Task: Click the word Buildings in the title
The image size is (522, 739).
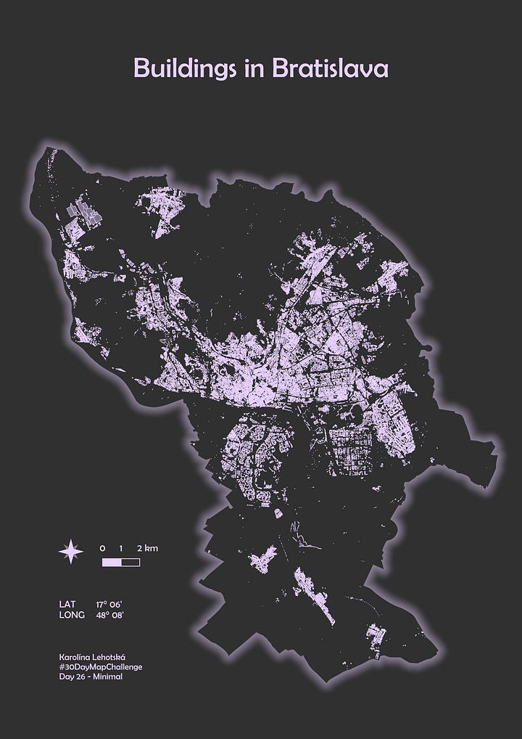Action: (x=184, y=69)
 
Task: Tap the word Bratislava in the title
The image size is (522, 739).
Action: (x=331, y=68)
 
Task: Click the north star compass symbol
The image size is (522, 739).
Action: (x=70, y=553)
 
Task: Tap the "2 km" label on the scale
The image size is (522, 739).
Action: (x=147, y=548)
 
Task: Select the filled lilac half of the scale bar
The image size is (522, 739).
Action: (x=112, y=562)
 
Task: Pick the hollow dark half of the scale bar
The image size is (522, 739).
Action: (x=130, y=562)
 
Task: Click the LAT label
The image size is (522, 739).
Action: (x=67, y=604)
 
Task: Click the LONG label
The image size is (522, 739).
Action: (x=72, y=616)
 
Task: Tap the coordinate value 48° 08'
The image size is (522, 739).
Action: (x=110, y=616)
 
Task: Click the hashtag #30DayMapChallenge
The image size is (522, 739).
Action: (x=101, y=666)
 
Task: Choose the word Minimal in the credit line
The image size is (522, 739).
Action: (x=108, y=677)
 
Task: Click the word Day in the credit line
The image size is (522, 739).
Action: (x=67, y=677)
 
